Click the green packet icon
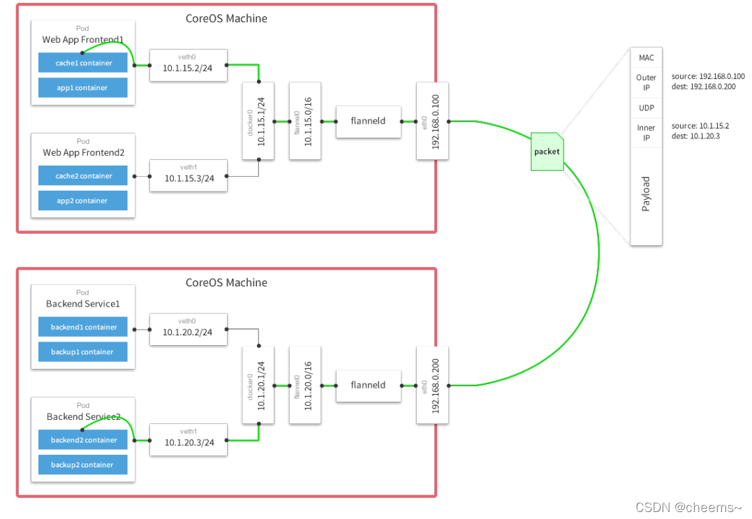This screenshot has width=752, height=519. tap(547, 152)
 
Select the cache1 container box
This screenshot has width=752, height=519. tap(83, 63)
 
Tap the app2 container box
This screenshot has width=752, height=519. tap(83, 200)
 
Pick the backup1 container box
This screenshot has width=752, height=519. tap(83, 351)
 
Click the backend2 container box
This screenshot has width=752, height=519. tap(83, 440)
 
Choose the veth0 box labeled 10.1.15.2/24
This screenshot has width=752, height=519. tap(189, 65)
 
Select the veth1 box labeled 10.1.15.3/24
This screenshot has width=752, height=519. tap(189, 175)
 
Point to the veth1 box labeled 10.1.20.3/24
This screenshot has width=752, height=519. tap(189, 439)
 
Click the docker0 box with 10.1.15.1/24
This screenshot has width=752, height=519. tap(258, 121)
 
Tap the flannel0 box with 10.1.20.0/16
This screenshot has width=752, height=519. tap(305, 385)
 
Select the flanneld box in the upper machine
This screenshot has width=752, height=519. tap(369, 122)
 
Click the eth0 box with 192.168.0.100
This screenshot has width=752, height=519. tap(433, 121)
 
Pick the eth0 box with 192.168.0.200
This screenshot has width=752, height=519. tap(433, 385)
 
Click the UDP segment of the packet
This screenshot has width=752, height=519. tap(646, 108)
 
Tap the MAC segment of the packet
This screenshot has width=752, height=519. tap(646, 57)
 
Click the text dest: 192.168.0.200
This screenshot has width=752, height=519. tap(703, 87)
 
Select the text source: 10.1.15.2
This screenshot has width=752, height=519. tap(700, 126)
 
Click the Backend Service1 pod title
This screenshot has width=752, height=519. tap(83, 304)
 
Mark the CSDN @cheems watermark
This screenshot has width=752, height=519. tap(688, 508)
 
